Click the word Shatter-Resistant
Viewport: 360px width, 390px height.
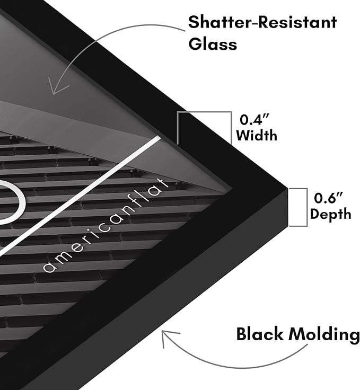pos(262,22)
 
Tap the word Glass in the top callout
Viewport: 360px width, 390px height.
pos(213,44)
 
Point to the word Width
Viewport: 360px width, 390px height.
pos(257,135)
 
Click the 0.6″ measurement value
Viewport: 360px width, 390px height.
pos(328,198)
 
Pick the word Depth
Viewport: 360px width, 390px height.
pos(331,214)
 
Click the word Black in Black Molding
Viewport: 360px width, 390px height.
pos(260,333)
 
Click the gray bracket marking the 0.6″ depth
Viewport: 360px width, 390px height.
pos(307,207)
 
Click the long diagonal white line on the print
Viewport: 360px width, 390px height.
pos(80,197)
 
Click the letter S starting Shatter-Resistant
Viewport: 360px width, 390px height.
pos(194,22)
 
